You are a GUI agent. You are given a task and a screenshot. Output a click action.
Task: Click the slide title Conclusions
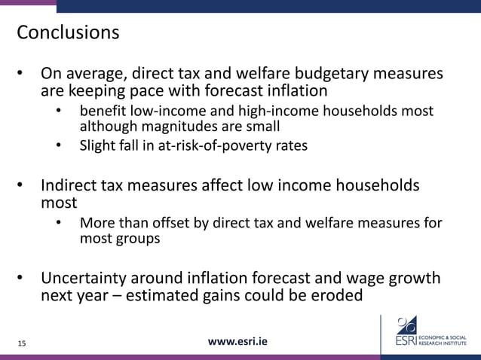[68, 33]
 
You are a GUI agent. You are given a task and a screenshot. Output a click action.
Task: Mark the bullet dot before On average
[22, 75]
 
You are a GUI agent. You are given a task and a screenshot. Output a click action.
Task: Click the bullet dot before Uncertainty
[22, 278]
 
